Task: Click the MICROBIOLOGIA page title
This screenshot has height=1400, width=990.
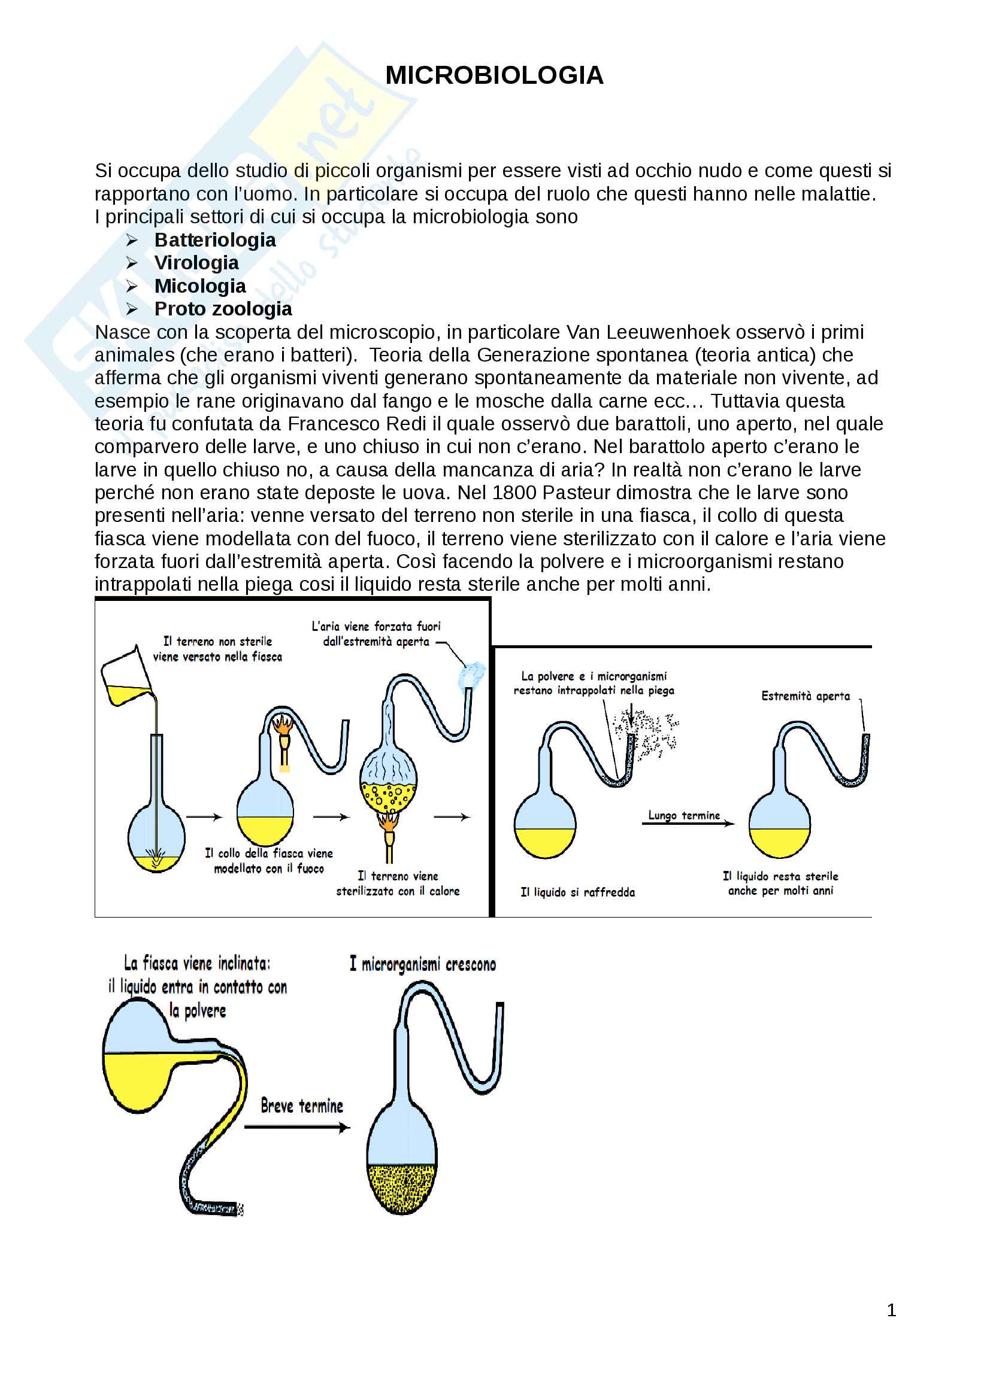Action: pos(494,75)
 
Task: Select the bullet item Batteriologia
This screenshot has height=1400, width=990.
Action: pos(215,240)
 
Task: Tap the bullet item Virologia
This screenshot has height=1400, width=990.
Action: pos(196,263)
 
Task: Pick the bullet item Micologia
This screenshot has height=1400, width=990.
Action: pos(200,286)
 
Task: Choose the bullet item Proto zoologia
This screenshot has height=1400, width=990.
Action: pos(223,309)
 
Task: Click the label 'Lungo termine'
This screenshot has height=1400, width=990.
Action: pos(684,815)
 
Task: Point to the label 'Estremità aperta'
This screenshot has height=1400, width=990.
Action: pos(805,696)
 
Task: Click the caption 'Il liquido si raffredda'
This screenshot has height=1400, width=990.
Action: pos(578,892)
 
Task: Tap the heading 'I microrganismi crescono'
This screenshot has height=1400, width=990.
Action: pos(423,964)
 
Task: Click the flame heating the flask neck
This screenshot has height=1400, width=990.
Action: pos(284,725)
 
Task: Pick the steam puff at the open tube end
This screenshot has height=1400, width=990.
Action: pos(472,675)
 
